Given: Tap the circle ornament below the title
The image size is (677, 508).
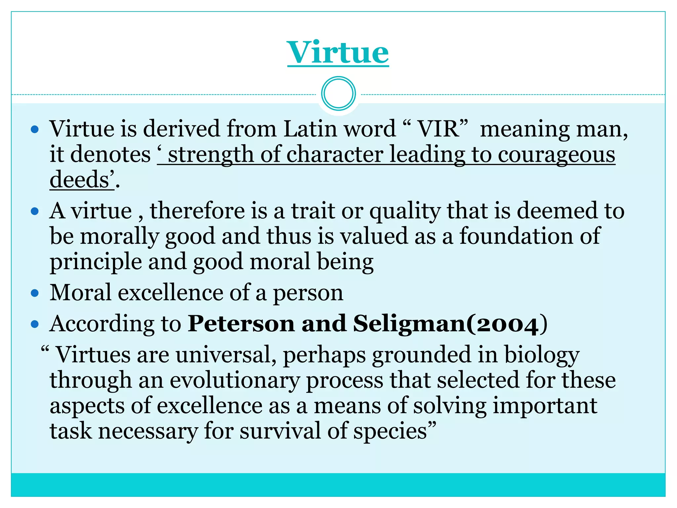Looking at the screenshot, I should [x=338, y=94].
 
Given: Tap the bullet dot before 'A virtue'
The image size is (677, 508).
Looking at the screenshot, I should [x=35, y=211].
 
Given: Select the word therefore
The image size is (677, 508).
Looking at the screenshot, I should [x=197, y=211].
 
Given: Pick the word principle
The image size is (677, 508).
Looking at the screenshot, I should [x=95, y=262].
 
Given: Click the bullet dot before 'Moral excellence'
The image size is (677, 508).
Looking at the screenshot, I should [x=35, y=293].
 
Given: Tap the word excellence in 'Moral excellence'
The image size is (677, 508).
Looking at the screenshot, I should [x=171, y=293].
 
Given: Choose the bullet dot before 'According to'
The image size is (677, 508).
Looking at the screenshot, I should [x=35, y=324].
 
